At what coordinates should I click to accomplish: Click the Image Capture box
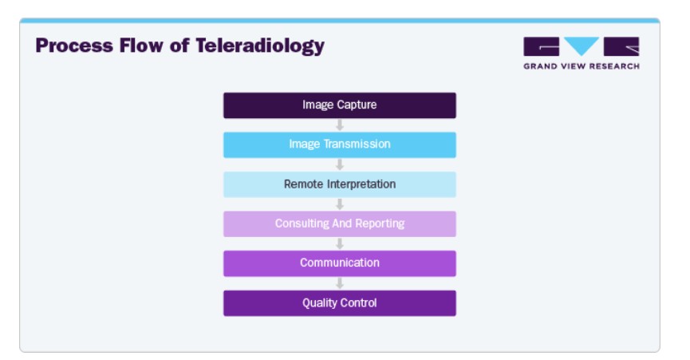click(340, 105)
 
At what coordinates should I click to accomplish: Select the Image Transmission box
click(340, 144)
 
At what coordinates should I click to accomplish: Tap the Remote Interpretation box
click(340, 184)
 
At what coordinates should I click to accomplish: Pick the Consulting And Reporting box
click(340, 224)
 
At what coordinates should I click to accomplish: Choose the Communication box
click(340, 263)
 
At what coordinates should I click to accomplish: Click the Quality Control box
click(340, 303)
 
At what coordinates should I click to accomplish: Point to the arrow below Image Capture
click(340, 125)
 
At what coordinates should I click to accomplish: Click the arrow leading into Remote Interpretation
click(340, 165)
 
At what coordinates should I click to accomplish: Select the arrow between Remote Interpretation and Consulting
click(340, 204)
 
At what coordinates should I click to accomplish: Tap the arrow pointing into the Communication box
click(340, 244)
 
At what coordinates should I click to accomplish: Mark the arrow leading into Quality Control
click(340, 284)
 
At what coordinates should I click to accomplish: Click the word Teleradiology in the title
click(260, 46)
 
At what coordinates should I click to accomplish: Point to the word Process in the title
click(74, 45)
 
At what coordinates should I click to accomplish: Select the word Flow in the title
click(141, 45)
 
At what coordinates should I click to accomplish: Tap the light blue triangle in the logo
click(582, 45)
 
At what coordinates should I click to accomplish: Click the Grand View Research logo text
click(582, 66)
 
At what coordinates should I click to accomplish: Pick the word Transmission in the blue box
click(357, 144)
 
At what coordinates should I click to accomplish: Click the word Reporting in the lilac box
click(380, 224)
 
